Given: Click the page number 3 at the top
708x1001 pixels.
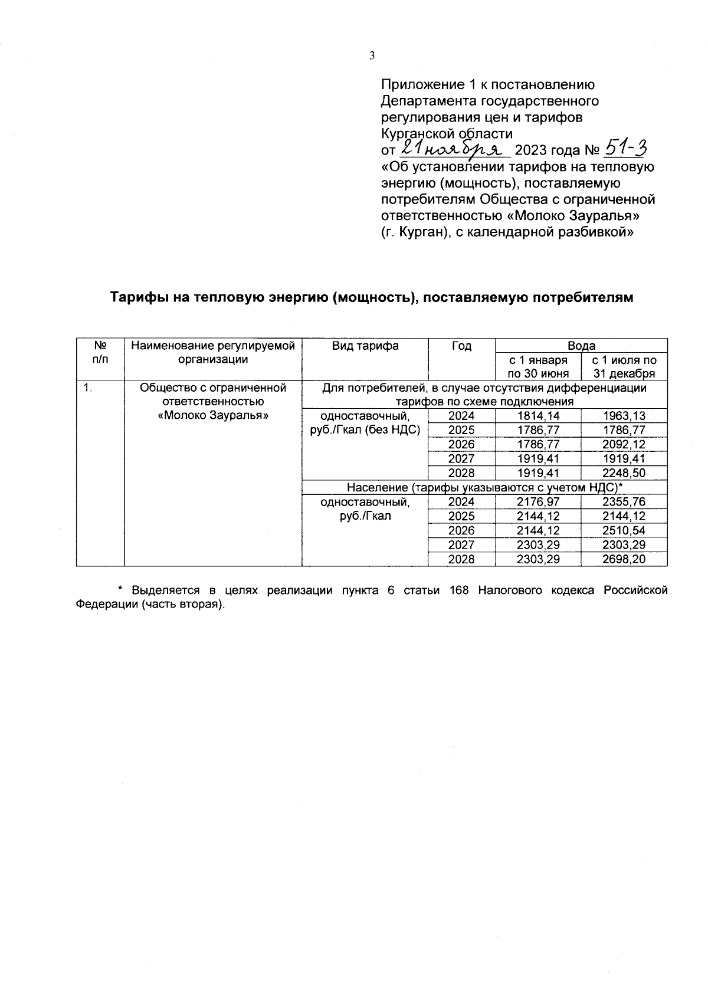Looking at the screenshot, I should tap(372, 56).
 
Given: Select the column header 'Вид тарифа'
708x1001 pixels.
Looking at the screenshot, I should tap(365, 346).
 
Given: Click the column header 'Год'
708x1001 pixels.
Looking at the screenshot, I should tap(461, 346).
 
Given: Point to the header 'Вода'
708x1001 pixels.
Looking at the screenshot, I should tap(581, 346).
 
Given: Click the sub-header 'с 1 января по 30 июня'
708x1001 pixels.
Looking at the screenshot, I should tap(537, 366).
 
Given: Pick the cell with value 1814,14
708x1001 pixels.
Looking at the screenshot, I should tap(537, 416).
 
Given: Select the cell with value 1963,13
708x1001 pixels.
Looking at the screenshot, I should tap(624, 416).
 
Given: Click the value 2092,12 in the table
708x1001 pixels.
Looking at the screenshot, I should tap(624, 444).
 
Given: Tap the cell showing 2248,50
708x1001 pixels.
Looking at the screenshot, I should tap(624, 473).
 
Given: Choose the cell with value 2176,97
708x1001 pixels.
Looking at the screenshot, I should tap(537, 502).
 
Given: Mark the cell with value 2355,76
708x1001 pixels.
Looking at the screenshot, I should tap(624, 502).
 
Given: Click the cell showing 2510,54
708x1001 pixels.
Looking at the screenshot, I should tap(624, 530).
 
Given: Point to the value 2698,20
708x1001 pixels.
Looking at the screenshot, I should tap(624, 559).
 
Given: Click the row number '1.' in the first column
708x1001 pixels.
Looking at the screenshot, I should tap(87, 388).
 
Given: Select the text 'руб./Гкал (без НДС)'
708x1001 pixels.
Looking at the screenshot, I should tap(365, 430).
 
